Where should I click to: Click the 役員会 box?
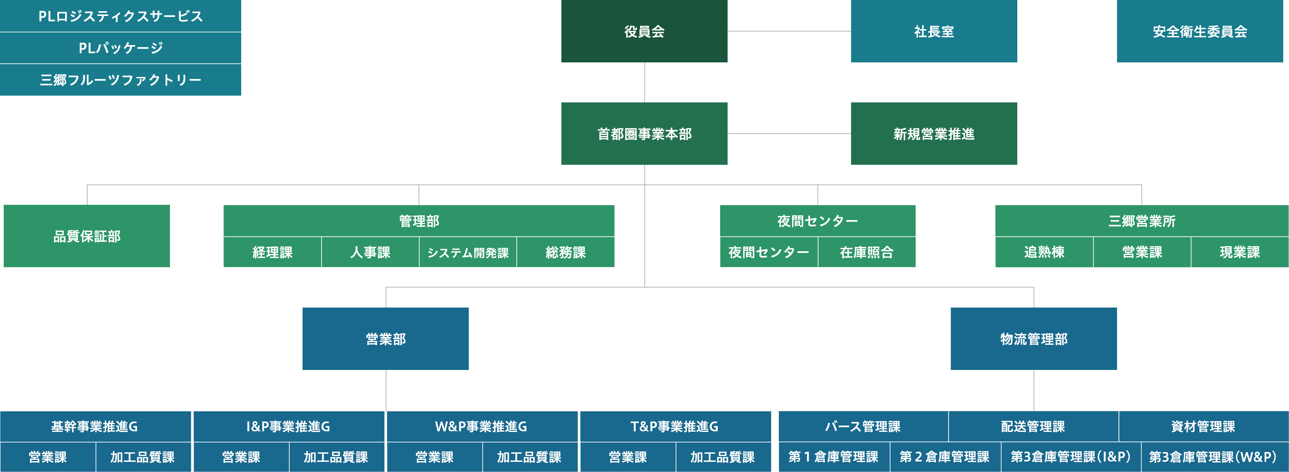tap(644, 31)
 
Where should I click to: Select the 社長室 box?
tap(934, 31)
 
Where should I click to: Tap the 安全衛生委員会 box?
tap(1199, 31)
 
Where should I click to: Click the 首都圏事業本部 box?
tap(644, 134)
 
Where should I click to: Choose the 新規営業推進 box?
tap(934, 134)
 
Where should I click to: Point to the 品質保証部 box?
tap(86, 236)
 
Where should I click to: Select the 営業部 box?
tap(385, 338)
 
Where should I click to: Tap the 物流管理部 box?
tap(1033, 338)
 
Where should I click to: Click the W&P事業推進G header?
tap(481, 427)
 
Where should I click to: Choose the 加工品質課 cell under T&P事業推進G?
tap(723, 457)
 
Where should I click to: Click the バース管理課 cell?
tap(863, 427)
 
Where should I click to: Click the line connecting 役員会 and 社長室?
tap(789, 31)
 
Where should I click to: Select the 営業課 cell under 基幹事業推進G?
tap(47, 457)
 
